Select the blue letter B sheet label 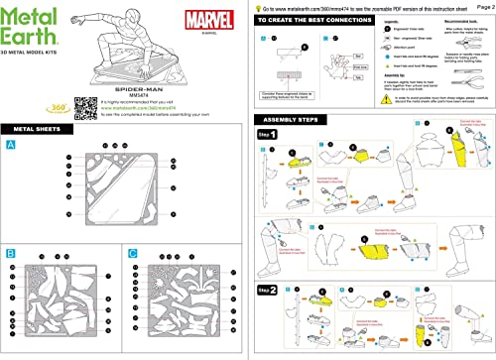11,254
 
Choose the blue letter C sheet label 132,254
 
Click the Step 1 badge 266,134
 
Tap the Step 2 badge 266,290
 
